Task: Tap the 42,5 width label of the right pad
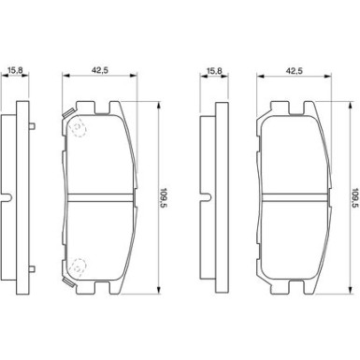[x=295, y=68]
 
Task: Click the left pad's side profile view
[x=10, y=198]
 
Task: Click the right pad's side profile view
[x=209, y=198]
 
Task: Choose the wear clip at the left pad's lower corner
[x=67, y=280]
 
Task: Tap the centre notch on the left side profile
[x=5, y=198]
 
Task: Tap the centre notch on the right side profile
[x=203, y=198]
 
